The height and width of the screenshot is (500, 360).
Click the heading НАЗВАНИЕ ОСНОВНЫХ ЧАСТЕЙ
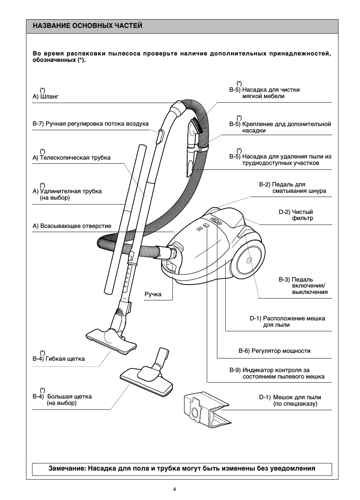88,26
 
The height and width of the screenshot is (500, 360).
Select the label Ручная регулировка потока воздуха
91,124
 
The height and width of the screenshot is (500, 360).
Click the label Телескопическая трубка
72,158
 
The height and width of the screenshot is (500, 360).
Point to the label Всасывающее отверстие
72,226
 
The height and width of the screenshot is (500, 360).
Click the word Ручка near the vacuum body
153,294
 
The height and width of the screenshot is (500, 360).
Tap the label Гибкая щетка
59,358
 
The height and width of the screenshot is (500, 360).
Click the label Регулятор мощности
274,351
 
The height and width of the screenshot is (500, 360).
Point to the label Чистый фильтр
296,215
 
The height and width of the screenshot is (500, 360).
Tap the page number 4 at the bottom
174,489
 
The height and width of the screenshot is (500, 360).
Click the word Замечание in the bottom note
66,469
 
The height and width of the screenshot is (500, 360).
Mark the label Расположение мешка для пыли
287,322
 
